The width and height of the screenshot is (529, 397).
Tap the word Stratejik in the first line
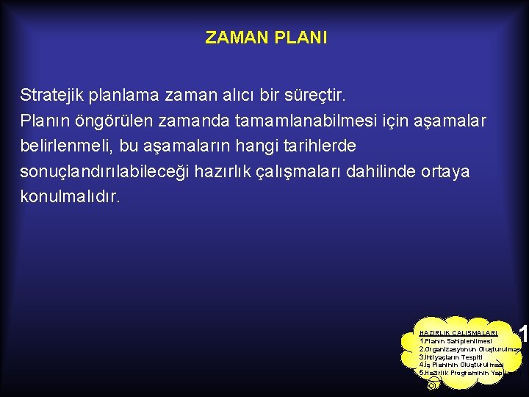coord(52,96)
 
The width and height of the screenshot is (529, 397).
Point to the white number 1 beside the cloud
coord(523,335)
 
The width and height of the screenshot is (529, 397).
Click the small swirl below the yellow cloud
coord(433,384)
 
